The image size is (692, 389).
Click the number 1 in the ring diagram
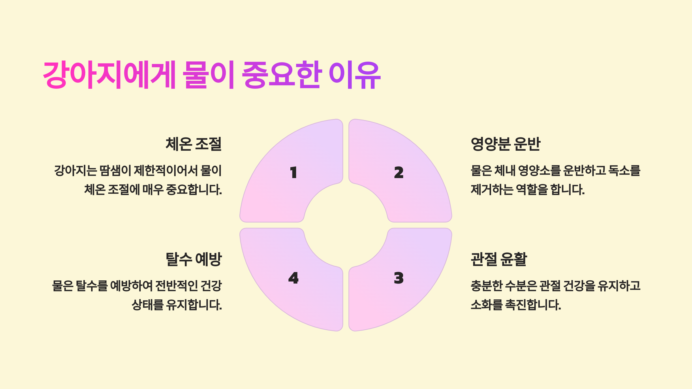[293, 173]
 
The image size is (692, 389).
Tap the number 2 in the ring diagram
[399, 173]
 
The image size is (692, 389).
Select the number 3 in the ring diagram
[399, 278]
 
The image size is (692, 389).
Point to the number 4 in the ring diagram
[293, 278]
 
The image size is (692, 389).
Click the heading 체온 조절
[193, 144]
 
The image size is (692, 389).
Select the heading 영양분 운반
[505, 144]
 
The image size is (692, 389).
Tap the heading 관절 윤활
[499, 259]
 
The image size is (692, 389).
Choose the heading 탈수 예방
[193, 259]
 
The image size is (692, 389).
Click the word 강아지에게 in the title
[110, 75]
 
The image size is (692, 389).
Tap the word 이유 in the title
[355, 75]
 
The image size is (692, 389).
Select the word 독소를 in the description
[624, 171]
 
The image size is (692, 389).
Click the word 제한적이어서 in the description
[166, 171]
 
